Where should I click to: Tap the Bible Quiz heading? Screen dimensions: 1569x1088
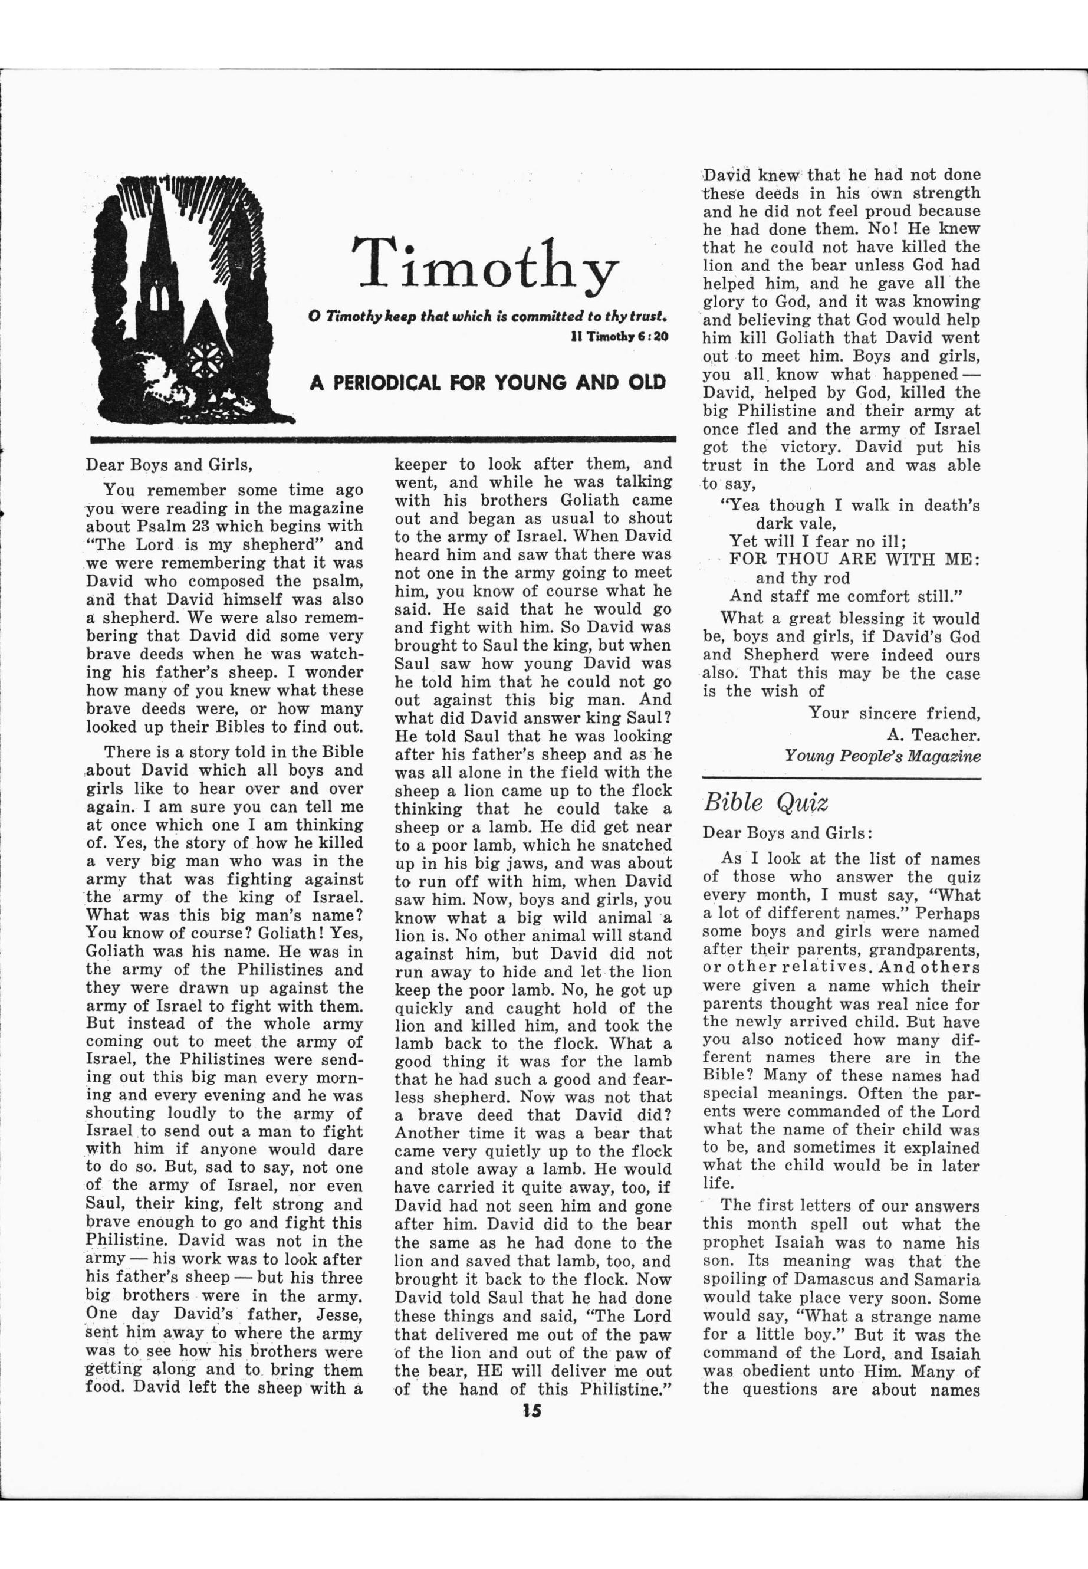tap(765, 803)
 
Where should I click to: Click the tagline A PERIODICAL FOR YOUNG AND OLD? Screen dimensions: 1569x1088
tap(488, 382)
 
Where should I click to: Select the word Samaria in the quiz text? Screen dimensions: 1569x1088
tap(941, 1280)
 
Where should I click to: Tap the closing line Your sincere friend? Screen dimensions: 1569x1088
tap(894, 713)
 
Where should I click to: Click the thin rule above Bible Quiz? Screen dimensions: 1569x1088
tap(842, 778)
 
